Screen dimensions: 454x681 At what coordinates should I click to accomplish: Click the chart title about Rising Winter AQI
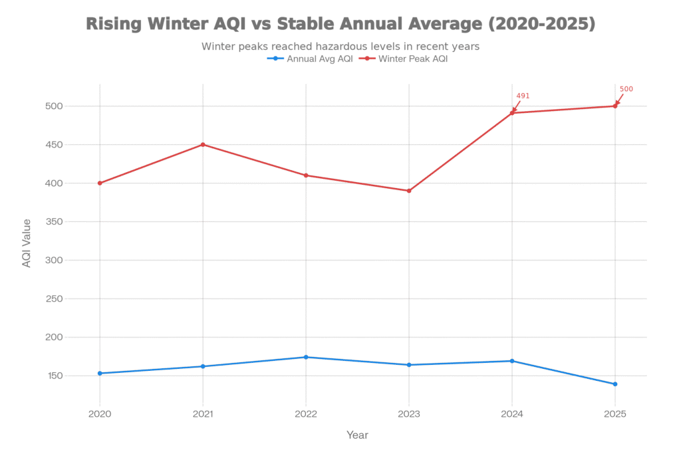point(340,25)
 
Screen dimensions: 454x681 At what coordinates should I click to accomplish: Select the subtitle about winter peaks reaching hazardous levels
point(340,47)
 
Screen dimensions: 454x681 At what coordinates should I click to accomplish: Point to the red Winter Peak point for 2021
point(203,144)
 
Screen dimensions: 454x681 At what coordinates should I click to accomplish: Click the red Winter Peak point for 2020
point(100,183)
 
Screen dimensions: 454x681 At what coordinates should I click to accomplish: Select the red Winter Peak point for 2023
point(409,191)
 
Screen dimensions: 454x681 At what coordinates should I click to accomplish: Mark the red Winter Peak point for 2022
point(306,175)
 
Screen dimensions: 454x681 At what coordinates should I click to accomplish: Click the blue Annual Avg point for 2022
point(306,357)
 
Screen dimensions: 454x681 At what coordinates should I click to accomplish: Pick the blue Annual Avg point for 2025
point(615,384)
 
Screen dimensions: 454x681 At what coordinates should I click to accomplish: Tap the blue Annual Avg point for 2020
point(100,374)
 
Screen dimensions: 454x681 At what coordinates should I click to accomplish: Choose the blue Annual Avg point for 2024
point(512,361)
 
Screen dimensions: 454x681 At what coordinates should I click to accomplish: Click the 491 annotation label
point(523,96)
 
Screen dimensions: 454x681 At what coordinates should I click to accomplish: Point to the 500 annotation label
point(626,89)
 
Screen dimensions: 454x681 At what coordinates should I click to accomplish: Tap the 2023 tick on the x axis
point(409,413)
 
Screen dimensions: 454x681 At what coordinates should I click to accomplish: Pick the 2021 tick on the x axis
point(203,413)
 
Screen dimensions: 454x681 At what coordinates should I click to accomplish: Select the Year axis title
point(357,435)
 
